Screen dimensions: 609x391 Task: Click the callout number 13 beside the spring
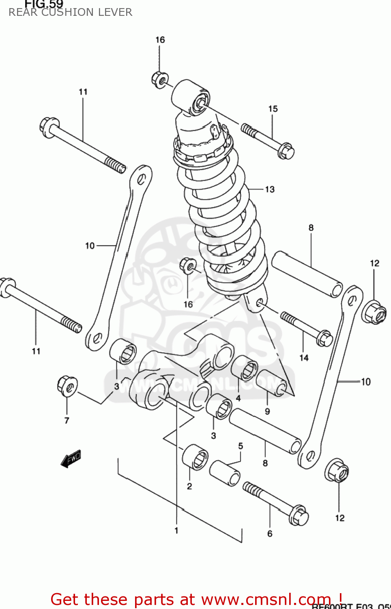270,189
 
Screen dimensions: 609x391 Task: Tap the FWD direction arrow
71,458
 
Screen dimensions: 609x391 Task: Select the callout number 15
273,109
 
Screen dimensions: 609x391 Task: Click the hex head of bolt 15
286,151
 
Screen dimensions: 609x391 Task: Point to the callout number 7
67,421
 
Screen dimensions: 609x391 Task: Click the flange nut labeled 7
67,386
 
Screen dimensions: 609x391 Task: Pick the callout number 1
176,530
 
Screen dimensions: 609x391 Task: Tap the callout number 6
270,533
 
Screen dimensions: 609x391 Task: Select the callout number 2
189,486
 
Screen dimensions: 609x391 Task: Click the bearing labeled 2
195,458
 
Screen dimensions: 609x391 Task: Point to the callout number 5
241,446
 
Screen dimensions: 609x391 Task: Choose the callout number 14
304,358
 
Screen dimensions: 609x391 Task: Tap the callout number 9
267,411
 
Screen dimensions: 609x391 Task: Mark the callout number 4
238,398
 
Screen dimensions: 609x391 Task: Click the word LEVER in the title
118,12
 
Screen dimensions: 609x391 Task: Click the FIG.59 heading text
44,4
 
